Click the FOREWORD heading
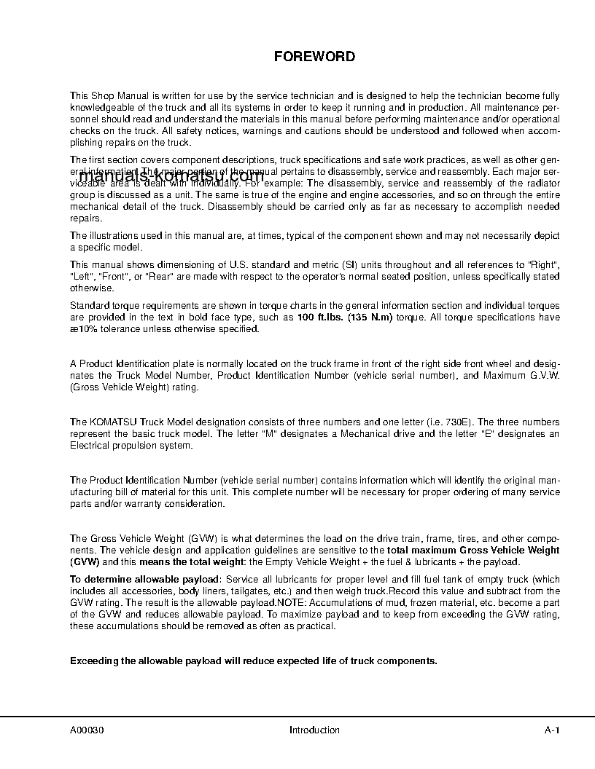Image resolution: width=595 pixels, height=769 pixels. click(x=314, y=56)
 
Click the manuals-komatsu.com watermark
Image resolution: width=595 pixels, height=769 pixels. click(x=171, y=177)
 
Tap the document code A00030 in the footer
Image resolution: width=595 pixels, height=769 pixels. click(x=87, y=730)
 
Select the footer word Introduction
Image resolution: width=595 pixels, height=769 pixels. click(x=314, y=730)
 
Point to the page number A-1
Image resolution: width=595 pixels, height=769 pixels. click(x=552, y=730)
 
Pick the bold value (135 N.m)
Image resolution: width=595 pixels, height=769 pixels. click(x=368, y=318)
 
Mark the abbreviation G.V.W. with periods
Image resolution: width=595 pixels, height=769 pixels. click(x=542, y=376)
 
